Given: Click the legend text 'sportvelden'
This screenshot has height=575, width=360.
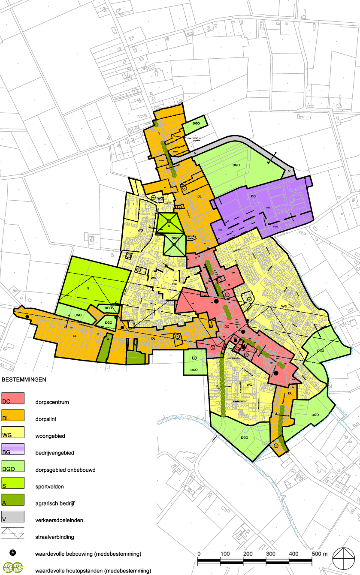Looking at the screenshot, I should (x=49, y=487).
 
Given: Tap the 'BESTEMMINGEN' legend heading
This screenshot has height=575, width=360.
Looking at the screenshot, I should (x=24, y=380).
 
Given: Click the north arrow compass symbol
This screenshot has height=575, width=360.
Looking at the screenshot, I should (x=343, y=558).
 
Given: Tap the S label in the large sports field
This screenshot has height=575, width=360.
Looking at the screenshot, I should (x=88, y=289).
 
